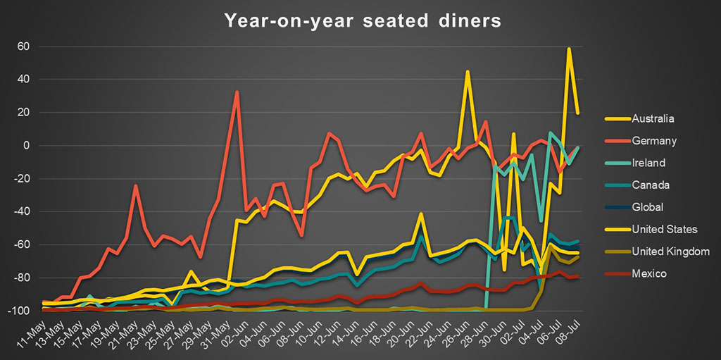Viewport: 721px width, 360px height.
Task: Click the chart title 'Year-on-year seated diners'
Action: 363,20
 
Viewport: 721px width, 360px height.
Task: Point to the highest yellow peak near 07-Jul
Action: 568,49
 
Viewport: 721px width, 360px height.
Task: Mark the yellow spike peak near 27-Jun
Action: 468,71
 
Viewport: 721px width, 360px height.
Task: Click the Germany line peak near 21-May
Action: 135,186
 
